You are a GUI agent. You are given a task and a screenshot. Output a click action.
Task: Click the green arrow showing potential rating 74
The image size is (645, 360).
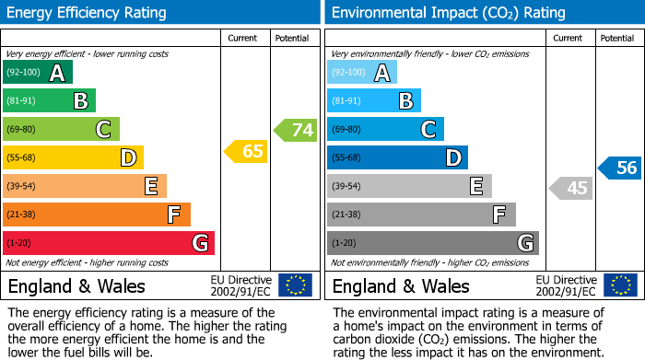296,130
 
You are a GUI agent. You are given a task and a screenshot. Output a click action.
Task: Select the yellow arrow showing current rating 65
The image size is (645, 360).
246,152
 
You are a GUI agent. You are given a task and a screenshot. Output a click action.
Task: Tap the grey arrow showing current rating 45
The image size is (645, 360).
570,188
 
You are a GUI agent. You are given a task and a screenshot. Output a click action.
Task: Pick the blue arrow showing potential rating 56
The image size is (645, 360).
620,168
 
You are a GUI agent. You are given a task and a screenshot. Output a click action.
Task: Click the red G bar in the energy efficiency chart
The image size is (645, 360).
109,243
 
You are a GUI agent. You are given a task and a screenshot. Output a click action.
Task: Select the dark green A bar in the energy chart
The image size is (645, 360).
38,73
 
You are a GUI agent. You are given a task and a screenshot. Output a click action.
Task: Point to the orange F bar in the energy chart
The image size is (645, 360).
97,215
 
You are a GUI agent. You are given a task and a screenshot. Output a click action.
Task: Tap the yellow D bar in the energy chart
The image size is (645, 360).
74,157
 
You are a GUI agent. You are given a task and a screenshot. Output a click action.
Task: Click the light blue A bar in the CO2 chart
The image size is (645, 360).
362,73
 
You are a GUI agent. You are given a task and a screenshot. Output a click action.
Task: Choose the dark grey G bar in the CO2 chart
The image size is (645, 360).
432,243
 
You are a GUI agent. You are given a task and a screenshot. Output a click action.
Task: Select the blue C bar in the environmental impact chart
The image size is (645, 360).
385,129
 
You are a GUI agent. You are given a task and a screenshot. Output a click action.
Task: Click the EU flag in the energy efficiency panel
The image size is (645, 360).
295,285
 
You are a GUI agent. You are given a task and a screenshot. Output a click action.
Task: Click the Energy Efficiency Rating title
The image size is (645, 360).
88,13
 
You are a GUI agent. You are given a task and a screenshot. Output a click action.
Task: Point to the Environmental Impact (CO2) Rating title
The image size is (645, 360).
448,13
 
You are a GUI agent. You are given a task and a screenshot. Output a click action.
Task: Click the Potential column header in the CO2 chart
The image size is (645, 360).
617,38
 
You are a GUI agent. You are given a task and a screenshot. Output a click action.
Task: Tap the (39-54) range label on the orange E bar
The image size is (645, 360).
22,186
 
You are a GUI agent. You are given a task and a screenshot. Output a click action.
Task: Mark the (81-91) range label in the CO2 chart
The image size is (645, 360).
346,101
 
